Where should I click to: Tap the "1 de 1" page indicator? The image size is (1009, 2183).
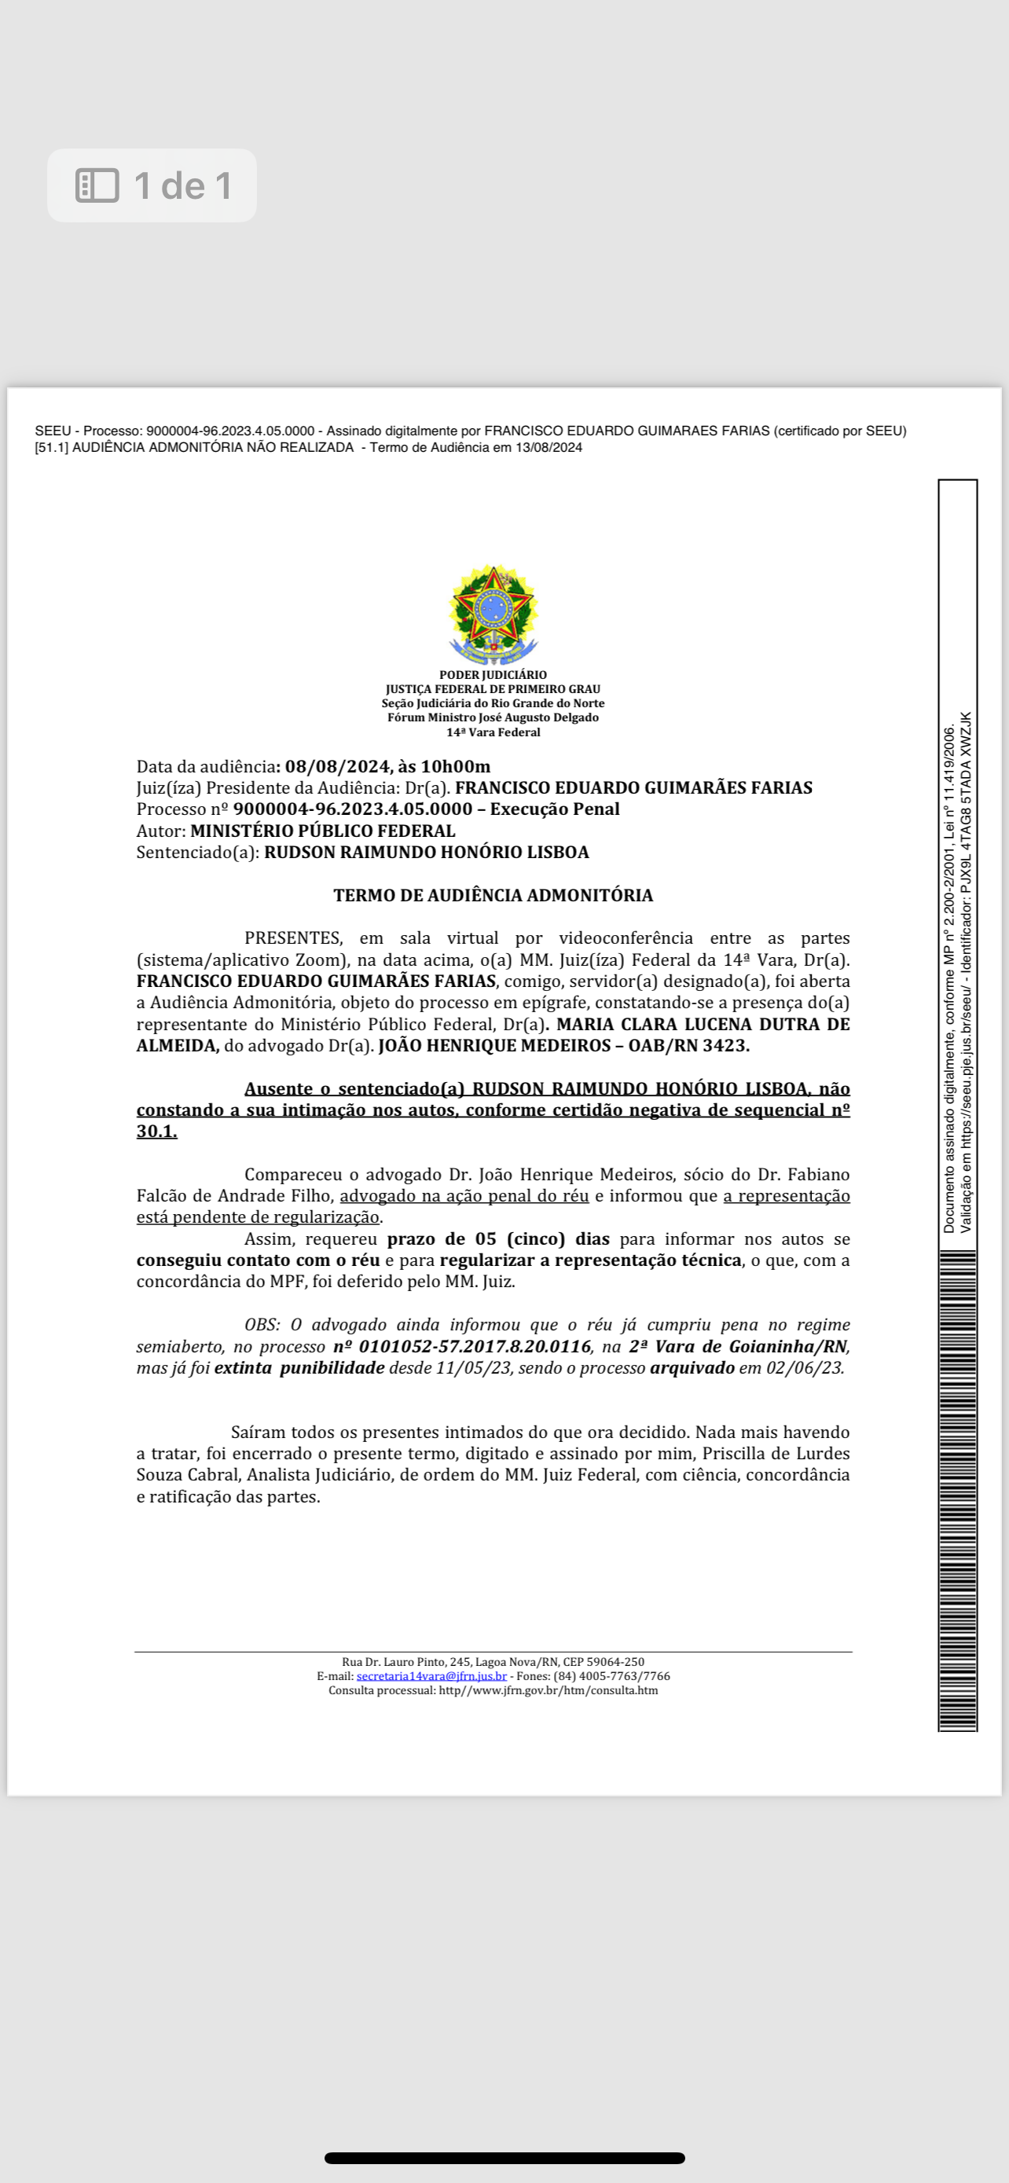[x=183, y=185]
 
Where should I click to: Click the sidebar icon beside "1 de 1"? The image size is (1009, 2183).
[x=97, y=185]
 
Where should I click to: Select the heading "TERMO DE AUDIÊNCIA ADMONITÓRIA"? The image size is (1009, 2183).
[x=493, y=896]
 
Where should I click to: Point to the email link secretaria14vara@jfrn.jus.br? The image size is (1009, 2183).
[x=431, y=1676]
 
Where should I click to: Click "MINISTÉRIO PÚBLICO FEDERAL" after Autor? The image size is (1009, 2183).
[x=323, y=831]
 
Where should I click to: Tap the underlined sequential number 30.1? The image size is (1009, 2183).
[x=156, y=1132]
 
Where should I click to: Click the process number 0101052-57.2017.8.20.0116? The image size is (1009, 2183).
[x=474, y=1347]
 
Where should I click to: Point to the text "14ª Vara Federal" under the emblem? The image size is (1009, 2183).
[x=493, y=732]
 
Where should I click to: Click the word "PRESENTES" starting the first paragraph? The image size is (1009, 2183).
[x=293, y=938]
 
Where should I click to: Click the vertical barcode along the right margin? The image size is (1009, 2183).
[x=957, y=1491]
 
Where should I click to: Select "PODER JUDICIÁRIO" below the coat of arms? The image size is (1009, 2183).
[x=493, y=675]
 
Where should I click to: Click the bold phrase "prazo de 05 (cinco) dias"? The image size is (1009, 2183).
[x=498, y=1239]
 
